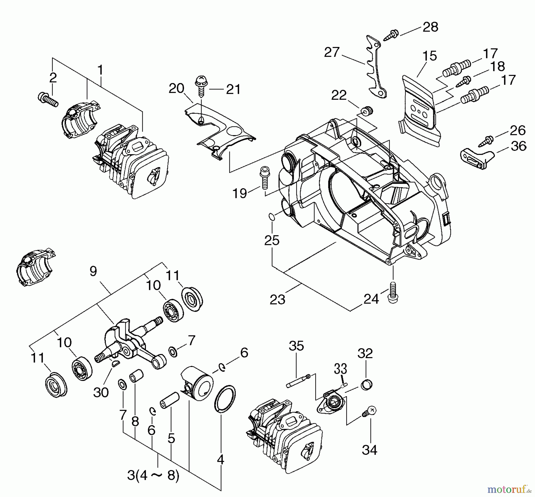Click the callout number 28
(430, 27)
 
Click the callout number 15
(429, 56)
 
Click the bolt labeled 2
(48, 99)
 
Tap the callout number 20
(177, 88)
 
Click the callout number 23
(277, 299)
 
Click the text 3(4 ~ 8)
(153, 475)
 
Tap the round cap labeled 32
(366, 385)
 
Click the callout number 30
(101, 392)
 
